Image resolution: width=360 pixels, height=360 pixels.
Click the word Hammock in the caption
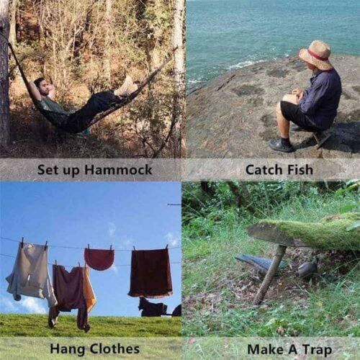tap(118, 170)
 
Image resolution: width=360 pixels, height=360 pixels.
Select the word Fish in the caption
tap(300, 169)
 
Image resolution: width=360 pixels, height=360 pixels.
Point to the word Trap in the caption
tap(317, 350)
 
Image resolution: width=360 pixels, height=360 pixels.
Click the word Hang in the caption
tap(68, 349)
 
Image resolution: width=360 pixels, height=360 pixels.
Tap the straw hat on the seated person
tap(315, 54)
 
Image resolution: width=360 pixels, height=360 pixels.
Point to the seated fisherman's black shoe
tap(282, 145)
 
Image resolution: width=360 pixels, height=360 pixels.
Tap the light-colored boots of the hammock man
tap(125, 87)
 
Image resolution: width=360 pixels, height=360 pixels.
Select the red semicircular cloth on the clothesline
tap(99, 258)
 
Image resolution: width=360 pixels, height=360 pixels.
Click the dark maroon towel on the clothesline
tap(150, 272)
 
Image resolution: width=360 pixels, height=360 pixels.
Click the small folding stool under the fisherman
tap(323, 138)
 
